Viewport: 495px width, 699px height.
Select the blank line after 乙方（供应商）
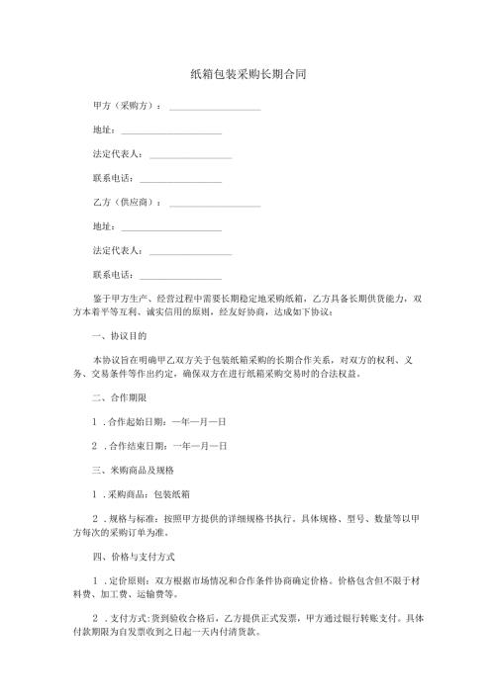(215, 205)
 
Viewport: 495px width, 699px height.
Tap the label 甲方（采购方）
(126, 105)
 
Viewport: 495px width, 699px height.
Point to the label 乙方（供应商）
(126, 202)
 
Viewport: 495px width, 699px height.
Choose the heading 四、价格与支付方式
(133, 557)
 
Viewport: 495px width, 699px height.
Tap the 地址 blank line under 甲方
(168, 133)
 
